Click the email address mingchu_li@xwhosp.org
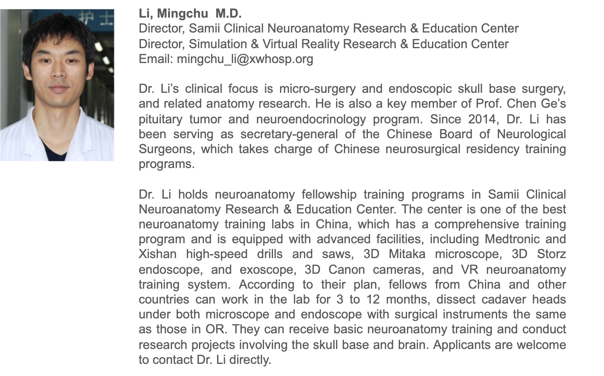click(245, 59)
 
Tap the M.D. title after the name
click(228, 14)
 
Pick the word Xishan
click(157, 254)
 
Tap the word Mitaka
click(407, 254)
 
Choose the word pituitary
click(161, 119)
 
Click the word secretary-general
click(289, 134)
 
